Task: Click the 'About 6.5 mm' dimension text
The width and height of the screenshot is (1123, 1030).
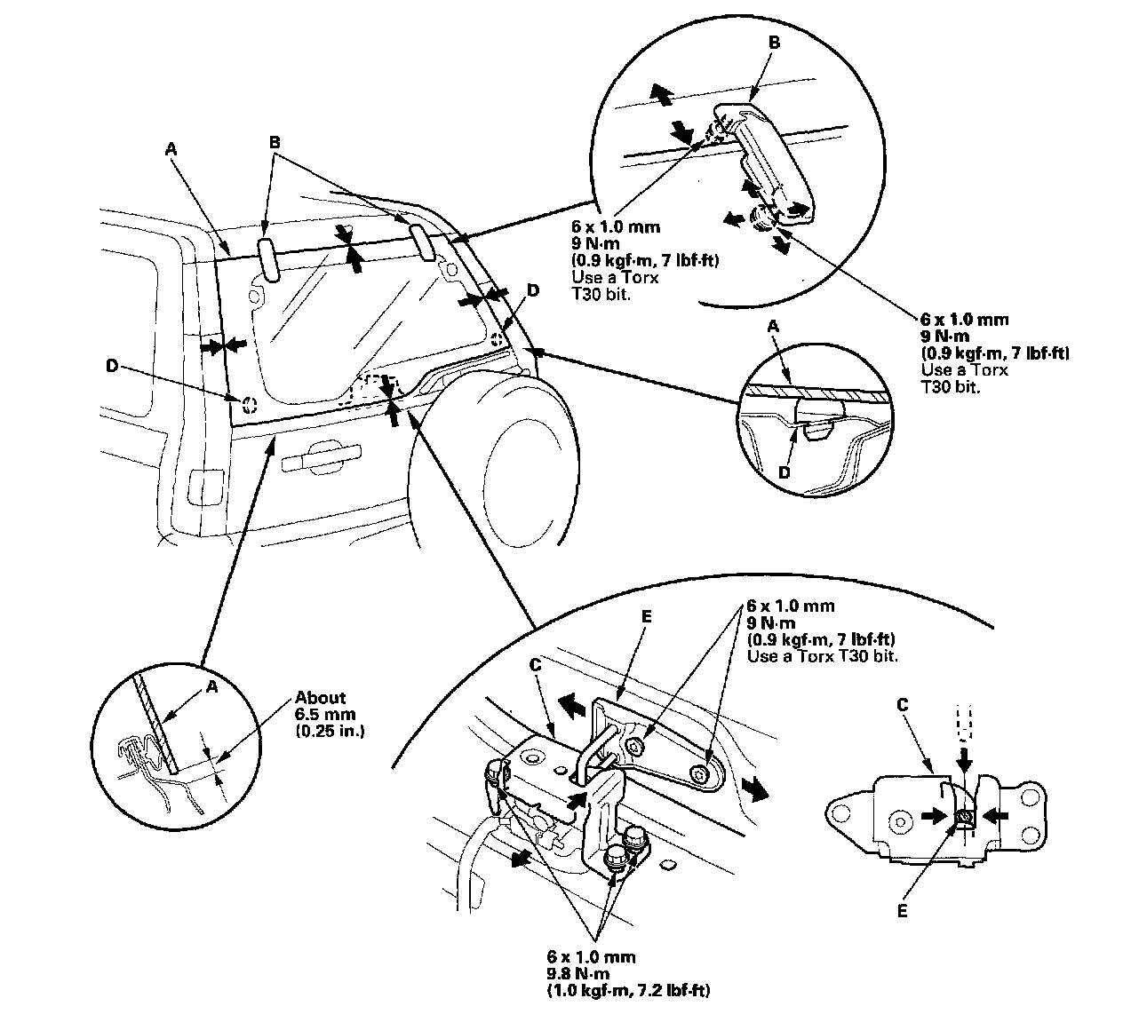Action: click(321, 698)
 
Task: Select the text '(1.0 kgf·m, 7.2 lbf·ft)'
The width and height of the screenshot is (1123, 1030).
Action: click(628, 990)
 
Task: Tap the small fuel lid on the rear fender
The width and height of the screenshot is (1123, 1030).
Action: click(203, 487)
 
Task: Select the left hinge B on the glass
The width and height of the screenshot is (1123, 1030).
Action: click(268, 258)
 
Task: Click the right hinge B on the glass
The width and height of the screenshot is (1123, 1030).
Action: click(422, 242)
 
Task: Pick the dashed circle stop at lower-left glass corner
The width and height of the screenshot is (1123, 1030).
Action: click(249, 404)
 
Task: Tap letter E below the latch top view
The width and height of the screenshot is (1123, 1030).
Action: click(901, 910)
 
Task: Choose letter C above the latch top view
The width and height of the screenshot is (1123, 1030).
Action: click(903, 704)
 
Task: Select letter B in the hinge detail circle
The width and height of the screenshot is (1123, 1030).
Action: click(773, 42)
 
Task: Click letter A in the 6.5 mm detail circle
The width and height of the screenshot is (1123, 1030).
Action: click(211, 686)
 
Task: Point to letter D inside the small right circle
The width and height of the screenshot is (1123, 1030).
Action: click(784, 473)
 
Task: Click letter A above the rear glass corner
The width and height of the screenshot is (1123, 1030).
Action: click(171, 151)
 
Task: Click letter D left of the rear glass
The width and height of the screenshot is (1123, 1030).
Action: click(110, 366)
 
